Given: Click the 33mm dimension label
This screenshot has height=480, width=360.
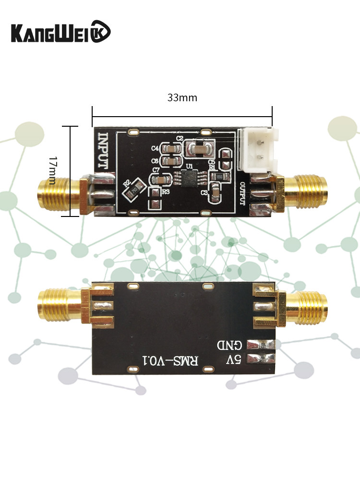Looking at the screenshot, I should (x=182, y=97).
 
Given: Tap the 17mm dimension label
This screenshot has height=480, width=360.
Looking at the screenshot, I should (x=53, y=170).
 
